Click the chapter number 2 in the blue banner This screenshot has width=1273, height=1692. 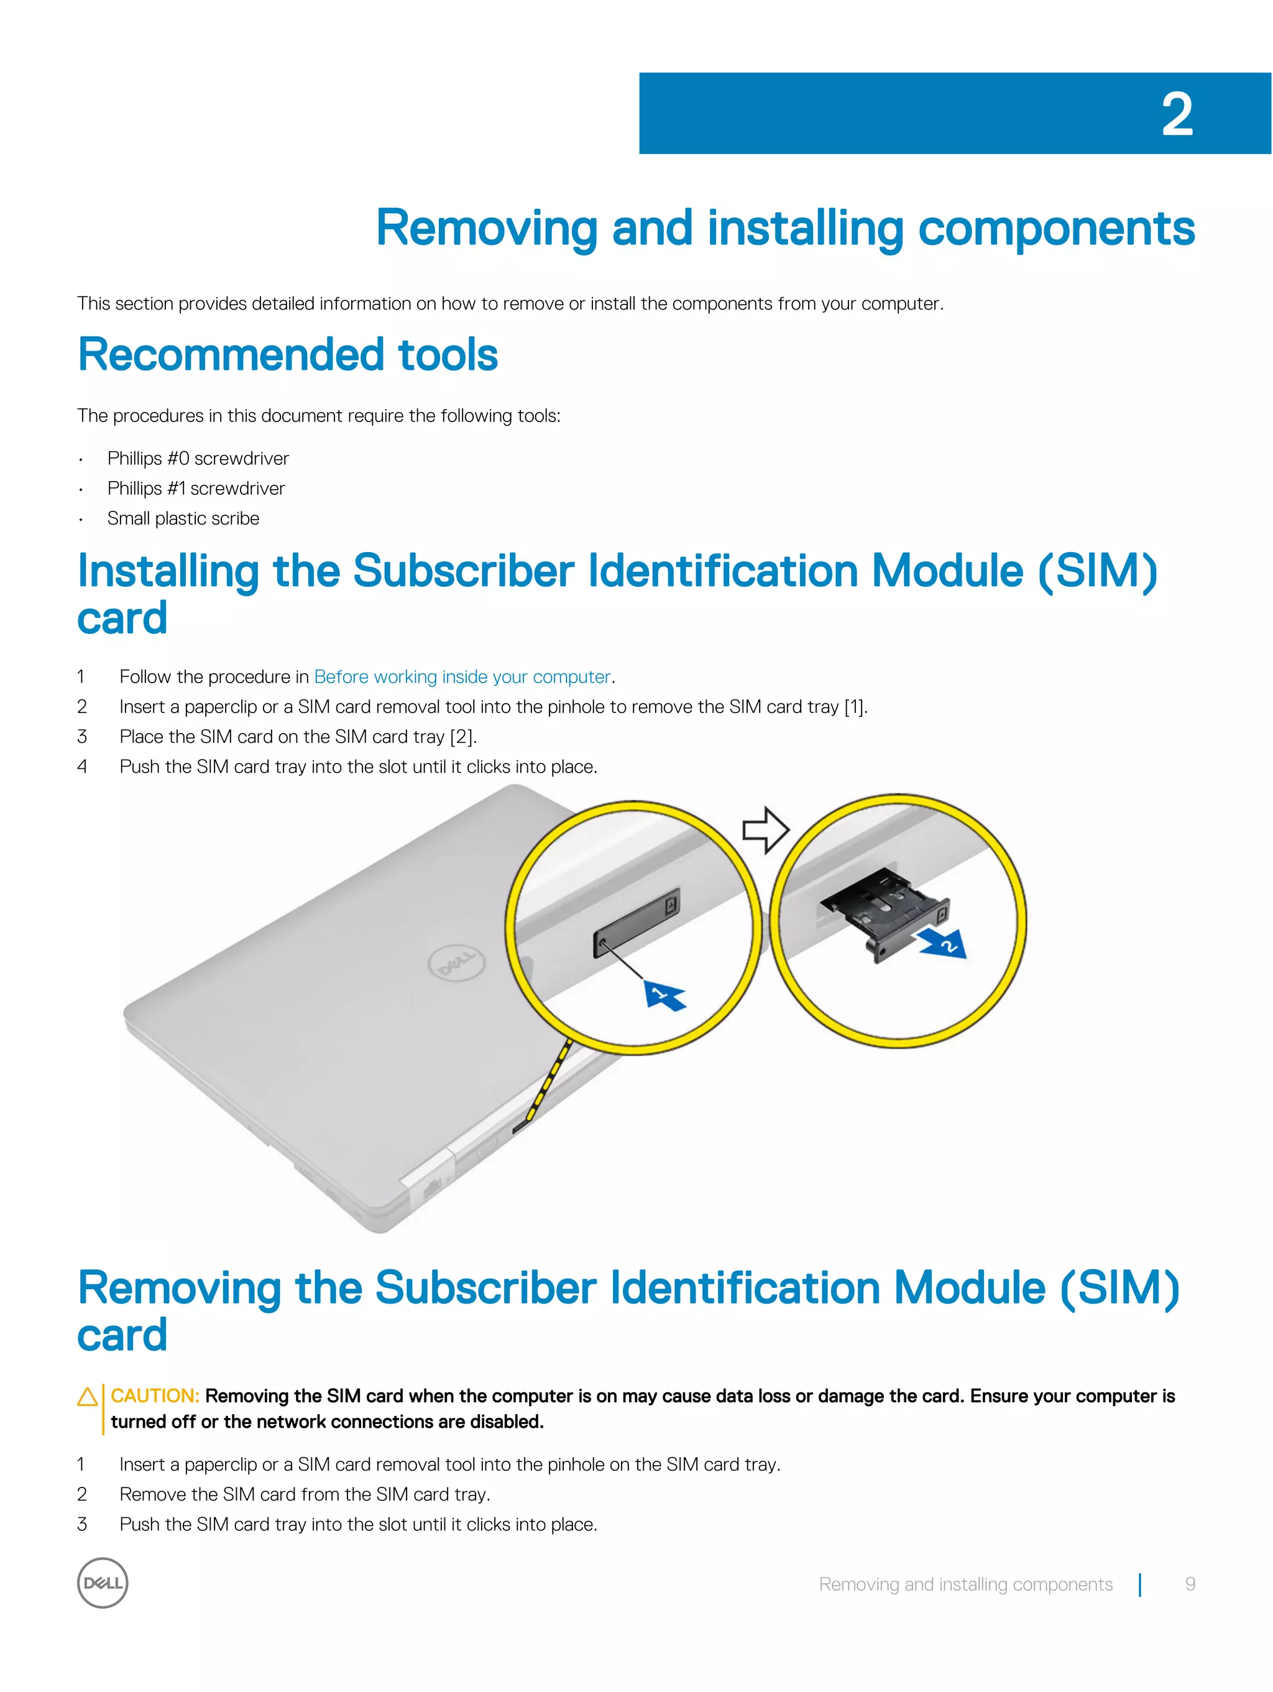[1177, 115]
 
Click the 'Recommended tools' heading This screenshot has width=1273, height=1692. [288, 355]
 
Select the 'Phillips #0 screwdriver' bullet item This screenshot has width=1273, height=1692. [198, 458]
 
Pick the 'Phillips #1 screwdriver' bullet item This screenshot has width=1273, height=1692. [196, 488]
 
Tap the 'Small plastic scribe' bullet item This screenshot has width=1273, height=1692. [183, 518]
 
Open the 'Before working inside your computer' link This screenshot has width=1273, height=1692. [462, 677]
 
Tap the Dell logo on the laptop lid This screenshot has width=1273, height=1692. [457, 963]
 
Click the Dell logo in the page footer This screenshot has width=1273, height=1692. [103, 1583]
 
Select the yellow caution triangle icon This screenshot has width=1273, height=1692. [87, 1397]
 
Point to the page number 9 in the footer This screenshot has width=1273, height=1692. [1190, 1584]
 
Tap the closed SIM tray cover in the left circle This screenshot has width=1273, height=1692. [636, 921]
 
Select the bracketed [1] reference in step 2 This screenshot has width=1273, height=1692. [855, 707]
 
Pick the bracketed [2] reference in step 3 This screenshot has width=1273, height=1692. [462, 737]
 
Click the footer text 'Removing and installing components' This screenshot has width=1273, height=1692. [965, 1584]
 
